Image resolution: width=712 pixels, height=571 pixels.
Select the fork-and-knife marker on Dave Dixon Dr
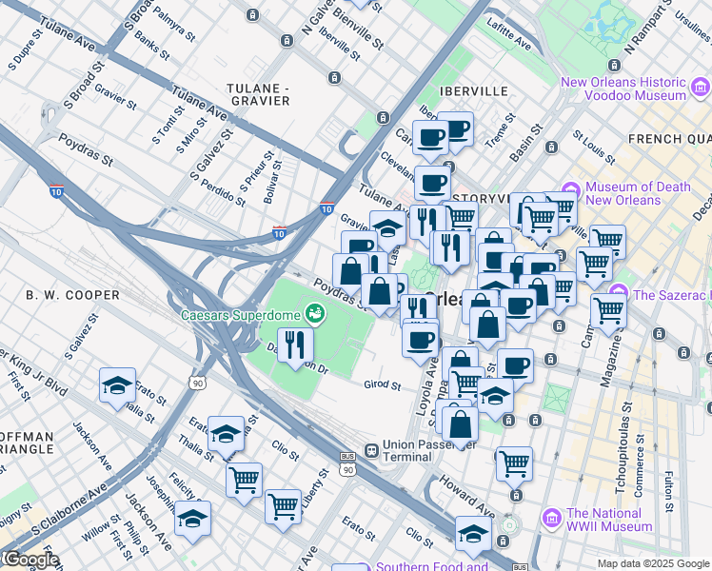(x=295, y=344)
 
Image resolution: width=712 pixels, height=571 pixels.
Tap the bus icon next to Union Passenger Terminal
(x=347, y=457)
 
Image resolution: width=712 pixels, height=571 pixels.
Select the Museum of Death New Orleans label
(x=636, y=193)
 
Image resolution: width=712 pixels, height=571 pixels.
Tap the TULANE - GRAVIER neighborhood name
(x=258, y=94)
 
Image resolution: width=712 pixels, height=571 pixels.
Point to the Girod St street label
(x=383, y=385)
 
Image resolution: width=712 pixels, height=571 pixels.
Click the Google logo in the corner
(x=30, y=560)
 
